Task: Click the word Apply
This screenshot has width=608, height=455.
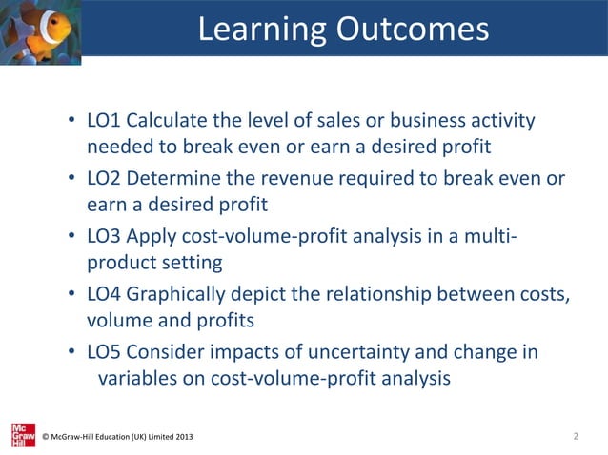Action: [x=151, y=238]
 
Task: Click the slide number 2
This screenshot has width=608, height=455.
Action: [x=577, y=436]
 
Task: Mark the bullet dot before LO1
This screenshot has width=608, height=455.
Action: [x=72, y=124]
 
